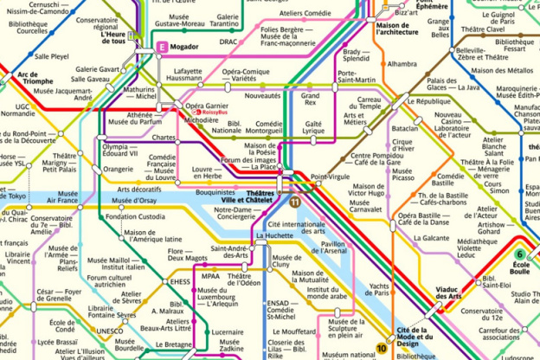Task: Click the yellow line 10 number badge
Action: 382,349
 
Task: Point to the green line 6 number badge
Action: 520,254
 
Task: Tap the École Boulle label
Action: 520,268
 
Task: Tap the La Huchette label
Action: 275,235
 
